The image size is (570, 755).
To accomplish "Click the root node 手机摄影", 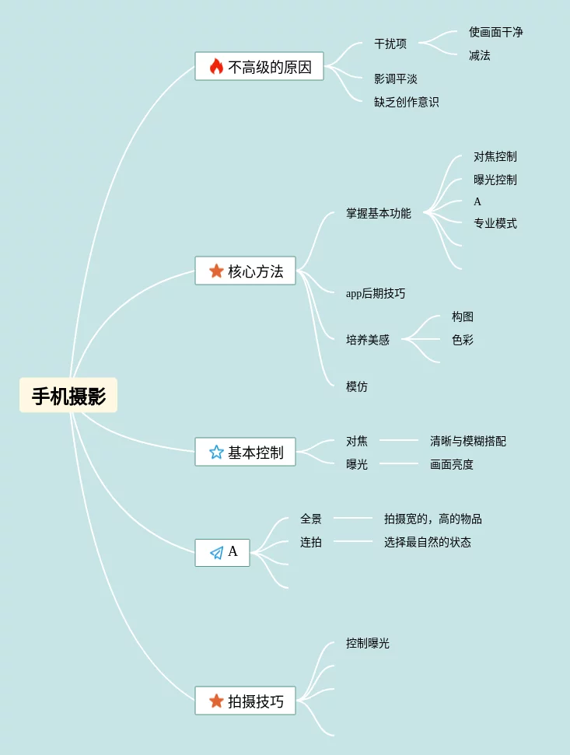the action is pos(68,396).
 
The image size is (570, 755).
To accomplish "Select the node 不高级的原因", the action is pos(259,67).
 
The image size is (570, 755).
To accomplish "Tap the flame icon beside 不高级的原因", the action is pos(216,67).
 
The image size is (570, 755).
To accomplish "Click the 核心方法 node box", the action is pos(245,271).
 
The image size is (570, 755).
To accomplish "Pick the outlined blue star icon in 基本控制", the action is pos(216,453).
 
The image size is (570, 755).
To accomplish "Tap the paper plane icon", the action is pos(216,553).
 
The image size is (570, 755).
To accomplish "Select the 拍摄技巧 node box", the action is pos(245,701).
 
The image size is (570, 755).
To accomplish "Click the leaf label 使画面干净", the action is pos(495,32).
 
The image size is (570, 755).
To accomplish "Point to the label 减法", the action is pos(479,55).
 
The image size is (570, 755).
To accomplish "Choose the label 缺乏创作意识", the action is pos(406,102).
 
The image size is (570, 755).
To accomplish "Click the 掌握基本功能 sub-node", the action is pos(378,213).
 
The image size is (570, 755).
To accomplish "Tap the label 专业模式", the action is pos(495,223).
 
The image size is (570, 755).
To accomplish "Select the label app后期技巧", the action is pos(376,293).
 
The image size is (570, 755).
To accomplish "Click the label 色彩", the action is pos(462,340).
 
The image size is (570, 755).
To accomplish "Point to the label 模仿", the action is pos(356,386).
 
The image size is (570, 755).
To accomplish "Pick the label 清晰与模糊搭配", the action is pos(467,441).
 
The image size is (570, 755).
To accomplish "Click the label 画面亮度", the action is pos(451,464).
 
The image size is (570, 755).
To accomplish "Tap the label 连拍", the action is pos(310,542).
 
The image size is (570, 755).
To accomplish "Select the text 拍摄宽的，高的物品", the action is pos(432,519).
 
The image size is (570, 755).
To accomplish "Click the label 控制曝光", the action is pos(367,643).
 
